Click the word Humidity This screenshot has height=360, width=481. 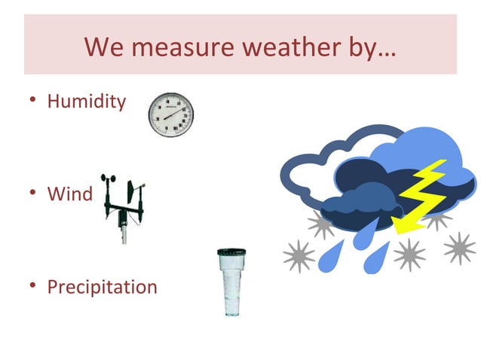[86, 102]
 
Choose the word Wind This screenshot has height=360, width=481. [69, 194]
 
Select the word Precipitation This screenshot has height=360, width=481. [102, 287]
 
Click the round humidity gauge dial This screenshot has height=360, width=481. [170, 115]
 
